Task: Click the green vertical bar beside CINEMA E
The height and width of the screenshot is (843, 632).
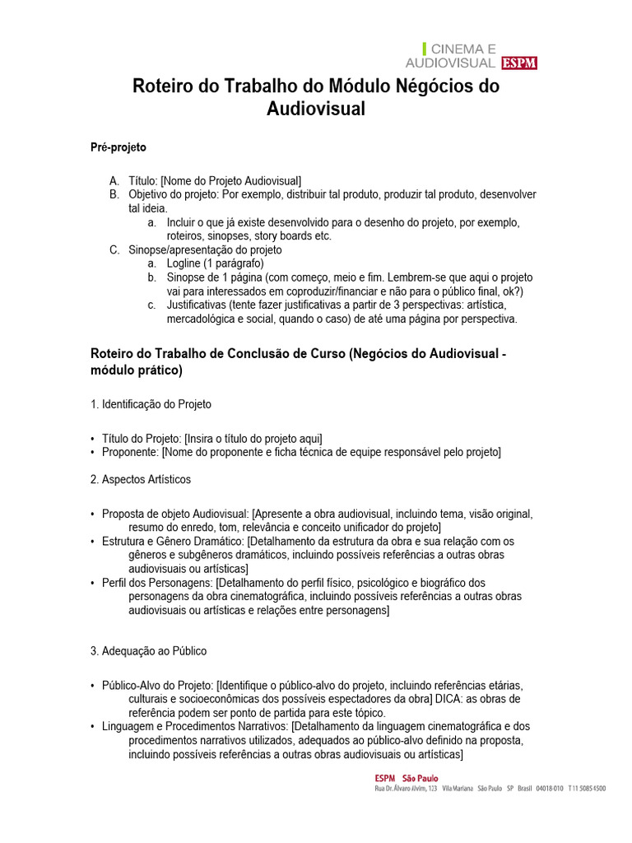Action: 425,49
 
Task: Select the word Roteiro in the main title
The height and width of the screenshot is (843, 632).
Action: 164,86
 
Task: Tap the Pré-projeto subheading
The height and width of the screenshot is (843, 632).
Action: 118,147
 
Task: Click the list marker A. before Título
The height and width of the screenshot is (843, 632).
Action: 114,180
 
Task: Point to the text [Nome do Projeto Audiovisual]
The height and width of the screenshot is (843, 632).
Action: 231,180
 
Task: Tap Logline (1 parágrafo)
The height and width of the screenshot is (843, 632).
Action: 215,263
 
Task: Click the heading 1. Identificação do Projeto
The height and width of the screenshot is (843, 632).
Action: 151,404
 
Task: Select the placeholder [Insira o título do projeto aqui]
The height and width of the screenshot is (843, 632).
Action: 253,438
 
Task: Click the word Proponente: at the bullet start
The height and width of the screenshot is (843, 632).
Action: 130,452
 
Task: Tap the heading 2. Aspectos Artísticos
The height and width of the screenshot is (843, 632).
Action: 140,479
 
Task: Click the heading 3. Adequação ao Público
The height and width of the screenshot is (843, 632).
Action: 148,650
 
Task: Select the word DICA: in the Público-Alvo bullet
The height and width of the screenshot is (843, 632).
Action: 455,698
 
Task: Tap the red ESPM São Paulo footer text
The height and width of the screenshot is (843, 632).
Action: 406,778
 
